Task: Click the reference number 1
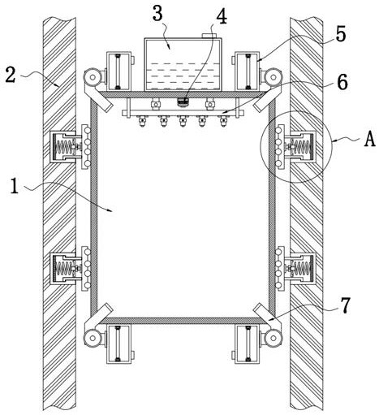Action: pyautogui.click(x=15, y=186)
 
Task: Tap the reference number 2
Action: pyautogui.click(x=11, y=75)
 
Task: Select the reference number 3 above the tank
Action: pyautogui.click(x=157, y=13)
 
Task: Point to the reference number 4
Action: pyautogui.click(x=222, y=16)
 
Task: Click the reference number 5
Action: pyautogui.click(x=341, y=34)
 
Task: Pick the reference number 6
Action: pyautogui.click(x=342, y=82)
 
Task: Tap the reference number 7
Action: pyautogui.click(x=345, y=305)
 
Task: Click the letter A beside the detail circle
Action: pyautogui.click(x=369, y=140)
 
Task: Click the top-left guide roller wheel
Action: pyautogui.click(x=93, y=77)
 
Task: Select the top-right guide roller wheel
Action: pyautogui.click(x=273, y=77)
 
